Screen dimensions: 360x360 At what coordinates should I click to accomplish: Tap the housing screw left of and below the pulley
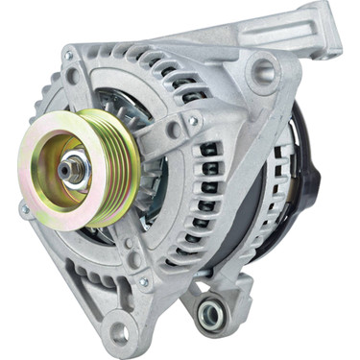coord(24,207)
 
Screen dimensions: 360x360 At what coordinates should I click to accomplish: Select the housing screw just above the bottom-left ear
coord(144,282)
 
